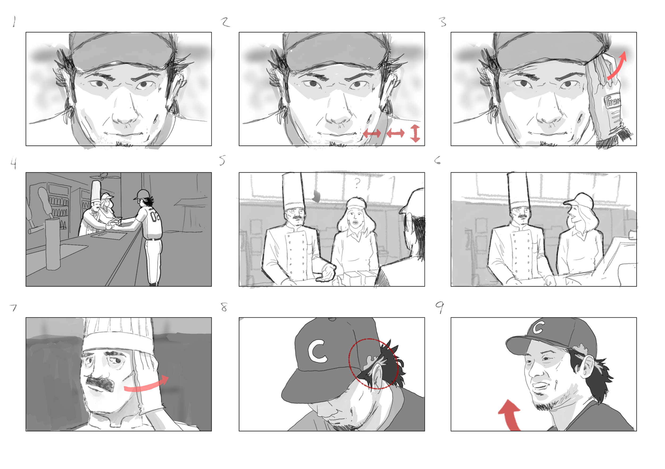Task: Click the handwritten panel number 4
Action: pos(13,163)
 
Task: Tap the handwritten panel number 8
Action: pos(224,307)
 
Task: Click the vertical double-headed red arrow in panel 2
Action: pos(415,133)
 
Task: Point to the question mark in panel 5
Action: pos(358,183)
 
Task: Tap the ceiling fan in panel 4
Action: pos(103,176)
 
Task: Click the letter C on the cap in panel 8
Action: pos(317,351)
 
